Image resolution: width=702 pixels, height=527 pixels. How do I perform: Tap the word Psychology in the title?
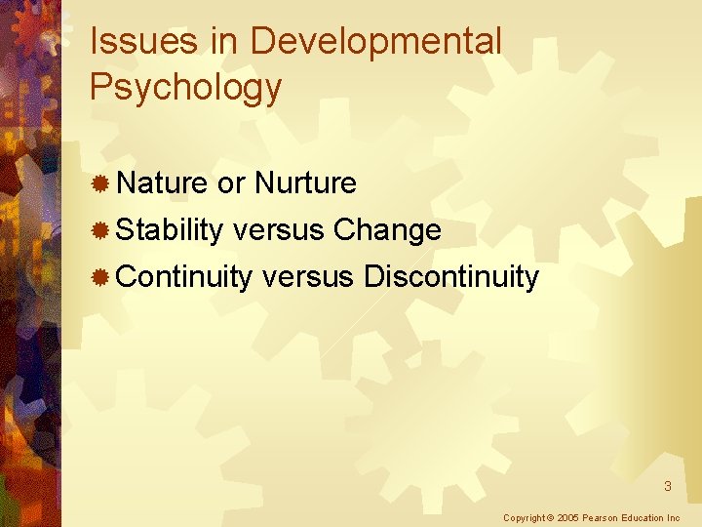pyautogui.click(x=185, y=88)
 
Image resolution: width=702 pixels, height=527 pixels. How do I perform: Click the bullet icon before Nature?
pyautogui.click(x=98, y=182)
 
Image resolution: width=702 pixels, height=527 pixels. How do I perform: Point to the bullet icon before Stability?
pyautogui.click(x=98, y=230)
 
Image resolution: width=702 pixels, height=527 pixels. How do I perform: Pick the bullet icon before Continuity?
pyautogui.click(x=98, y=277)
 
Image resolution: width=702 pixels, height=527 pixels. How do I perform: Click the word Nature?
pyautogui.click(x=162, y=182)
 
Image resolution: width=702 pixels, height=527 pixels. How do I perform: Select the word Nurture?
pyautogui.click(x=305, y=182)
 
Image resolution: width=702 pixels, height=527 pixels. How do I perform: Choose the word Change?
pyautogui.click(x=387, y=230)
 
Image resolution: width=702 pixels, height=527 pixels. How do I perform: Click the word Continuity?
pyautogui.click(x=184, y=277)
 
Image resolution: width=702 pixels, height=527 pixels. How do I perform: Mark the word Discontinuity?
pyautogui.click(x=450, y=277)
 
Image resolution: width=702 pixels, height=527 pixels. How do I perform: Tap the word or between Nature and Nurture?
pyautogui.click(x=231, y=182)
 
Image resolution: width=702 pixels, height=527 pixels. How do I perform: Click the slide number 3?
pyautogui.click(x=668, y=486)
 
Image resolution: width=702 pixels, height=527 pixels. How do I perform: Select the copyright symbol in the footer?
pyautogui.click(x=550, y=517)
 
